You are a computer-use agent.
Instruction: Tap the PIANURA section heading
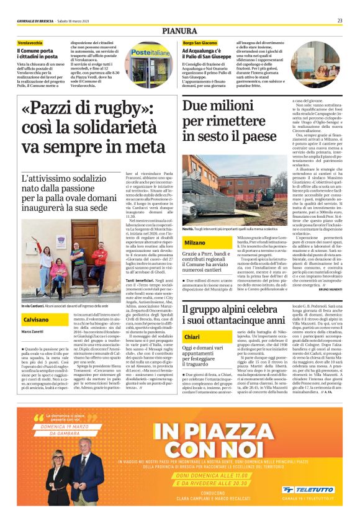179,30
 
